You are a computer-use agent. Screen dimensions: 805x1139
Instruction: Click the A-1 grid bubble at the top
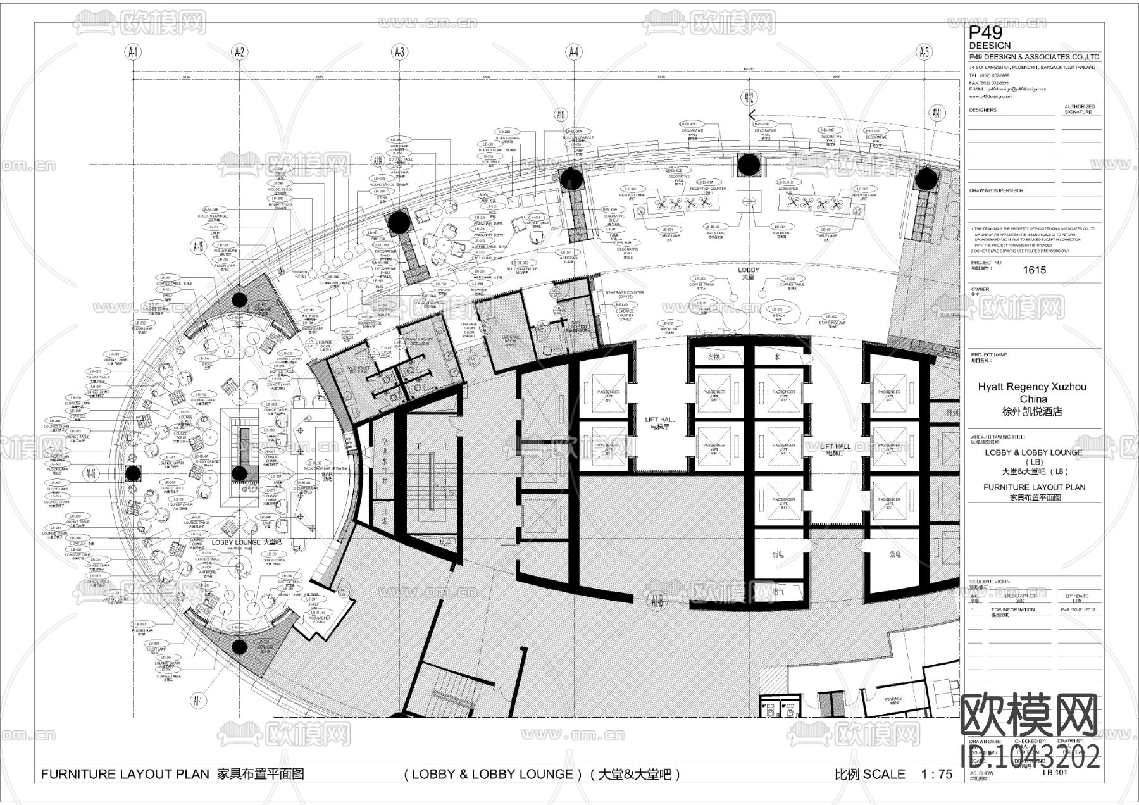pos(134,52)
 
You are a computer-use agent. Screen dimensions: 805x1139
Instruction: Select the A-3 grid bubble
pos(399,52)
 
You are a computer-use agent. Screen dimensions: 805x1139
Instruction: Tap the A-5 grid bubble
pos(924,52)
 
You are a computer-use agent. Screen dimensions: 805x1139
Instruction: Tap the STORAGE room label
pos(893,700)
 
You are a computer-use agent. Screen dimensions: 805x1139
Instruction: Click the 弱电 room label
pos(778,554)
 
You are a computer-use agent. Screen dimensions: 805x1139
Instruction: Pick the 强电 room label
pos(895,554)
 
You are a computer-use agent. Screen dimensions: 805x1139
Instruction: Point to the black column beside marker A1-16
pos(132,473)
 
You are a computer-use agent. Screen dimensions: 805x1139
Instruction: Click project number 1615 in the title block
pos(1034,270)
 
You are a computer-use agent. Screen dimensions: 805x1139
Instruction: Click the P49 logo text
pos(987,33)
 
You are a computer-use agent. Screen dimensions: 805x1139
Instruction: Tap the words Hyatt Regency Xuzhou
pos(1031,387)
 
